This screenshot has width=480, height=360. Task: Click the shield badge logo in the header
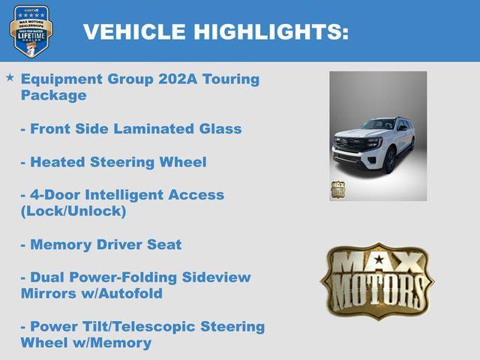(x=31, y=31)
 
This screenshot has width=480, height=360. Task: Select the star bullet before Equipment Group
(x=9, y=78)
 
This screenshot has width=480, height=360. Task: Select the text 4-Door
(x=51, y=195)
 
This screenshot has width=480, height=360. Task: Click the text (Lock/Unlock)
(x=73, y=211)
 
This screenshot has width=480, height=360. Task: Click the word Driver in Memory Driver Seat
(x=122, y=244)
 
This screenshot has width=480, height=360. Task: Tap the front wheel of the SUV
(x=390, y=160)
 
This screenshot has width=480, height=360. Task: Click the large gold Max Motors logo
(x=377, y=280)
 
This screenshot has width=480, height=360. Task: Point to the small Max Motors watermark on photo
(x=339, y=189)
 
